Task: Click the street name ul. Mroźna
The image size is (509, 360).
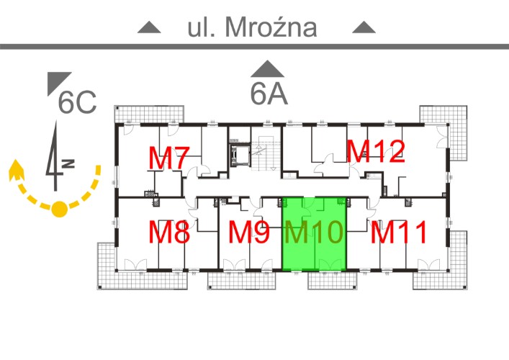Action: coord(252,27)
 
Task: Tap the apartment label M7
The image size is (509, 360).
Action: coord(168,158)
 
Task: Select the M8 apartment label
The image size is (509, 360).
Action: coord(168,232)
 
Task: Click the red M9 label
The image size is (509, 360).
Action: coord(248,232)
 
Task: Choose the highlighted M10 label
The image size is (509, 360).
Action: coord(314,232)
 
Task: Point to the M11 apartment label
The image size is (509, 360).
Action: coord(399,232)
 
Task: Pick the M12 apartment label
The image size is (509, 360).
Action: coord(376,151)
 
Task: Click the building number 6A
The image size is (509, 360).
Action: coord(269,94)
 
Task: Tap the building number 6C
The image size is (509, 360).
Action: coord(77,102)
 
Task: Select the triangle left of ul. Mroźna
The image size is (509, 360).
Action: coord(149,28)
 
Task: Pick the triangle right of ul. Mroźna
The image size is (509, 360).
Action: coord(364,28)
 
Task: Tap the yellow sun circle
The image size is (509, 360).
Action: coord(60,209)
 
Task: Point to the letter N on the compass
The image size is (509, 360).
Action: coord(69,163)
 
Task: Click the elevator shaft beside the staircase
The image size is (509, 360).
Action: coord(240,156)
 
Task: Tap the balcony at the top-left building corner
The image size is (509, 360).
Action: coord(149,114)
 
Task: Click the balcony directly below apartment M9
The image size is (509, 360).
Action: coord(241,281)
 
